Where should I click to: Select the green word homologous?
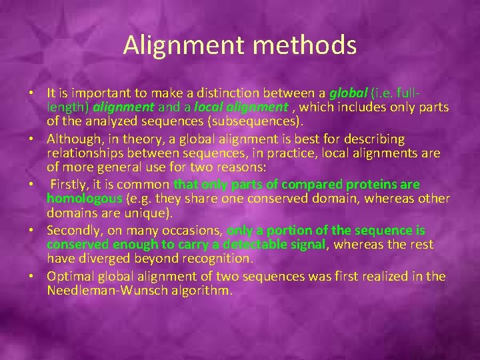[x=85, y=199]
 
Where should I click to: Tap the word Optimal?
[x=72, y=276]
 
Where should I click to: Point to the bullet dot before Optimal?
[x=38, y=277]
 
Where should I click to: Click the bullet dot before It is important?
[x=38, y=93]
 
